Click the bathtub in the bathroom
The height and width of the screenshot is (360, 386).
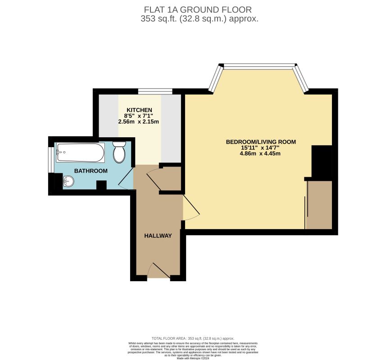point(80,153)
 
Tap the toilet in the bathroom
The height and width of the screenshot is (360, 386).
point(119,152)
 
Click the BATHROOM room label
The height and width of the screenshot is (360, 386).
point(91,171)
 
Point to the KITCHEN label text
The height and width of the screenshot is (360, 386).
point(139,110)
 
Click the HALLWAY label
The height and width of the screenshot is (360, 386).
point(158,236)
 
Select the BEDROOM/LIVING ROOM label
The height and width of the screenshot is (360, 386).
point(261,142)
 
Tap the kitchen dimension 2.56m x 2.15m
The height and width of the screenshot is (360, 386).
point(139,122)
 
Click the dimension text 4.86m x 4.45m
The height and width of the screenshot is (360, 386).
point(260,153)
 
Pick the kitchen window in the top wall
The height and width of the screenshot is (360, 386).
point(155,92)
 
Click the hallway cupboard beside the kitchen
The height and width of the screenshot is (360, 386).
point(171,179)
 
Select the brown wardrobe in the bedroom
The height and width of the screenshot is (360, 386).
point(320,205)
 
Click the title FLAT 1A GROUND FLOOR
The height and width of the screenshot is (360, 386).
point(197,9)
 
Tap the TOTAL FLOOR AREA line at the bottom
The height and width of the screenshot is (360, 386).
point(192,338)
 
